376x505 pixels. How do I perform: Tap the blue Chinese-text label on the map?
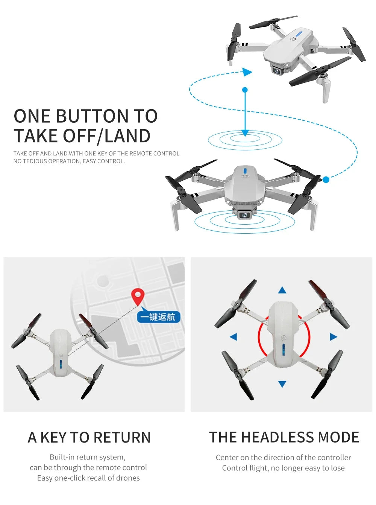click(158, 317)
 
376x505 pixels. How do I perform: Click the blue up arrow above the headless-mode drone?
click(282, 290)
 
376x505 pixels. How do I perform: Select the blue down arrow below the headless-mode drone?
click(282, 383)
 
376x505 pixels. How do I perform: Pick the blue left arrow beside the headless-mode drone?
click(233, 337)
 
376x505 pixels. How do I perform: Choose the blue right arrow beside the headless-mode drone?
click(333, 337)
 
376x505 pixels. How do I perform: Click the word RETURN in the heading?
click(122, 438)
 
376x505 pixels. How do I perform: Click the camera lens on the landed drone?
click(245, 215)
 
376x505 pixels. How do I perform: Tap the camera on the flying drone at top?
click(277, 70)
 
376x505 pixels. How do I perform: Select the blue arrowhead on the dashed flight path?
click(247, 72)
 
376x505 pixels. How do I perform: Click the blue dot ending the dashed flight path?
click(326, 180)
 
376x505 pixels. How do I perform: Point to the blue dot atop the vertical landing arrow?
click(245, 90)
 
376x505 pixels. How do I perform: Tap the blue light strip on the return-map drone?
click(61, 365)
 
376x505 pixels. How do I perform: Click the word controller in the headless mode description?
click(332, 458)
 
